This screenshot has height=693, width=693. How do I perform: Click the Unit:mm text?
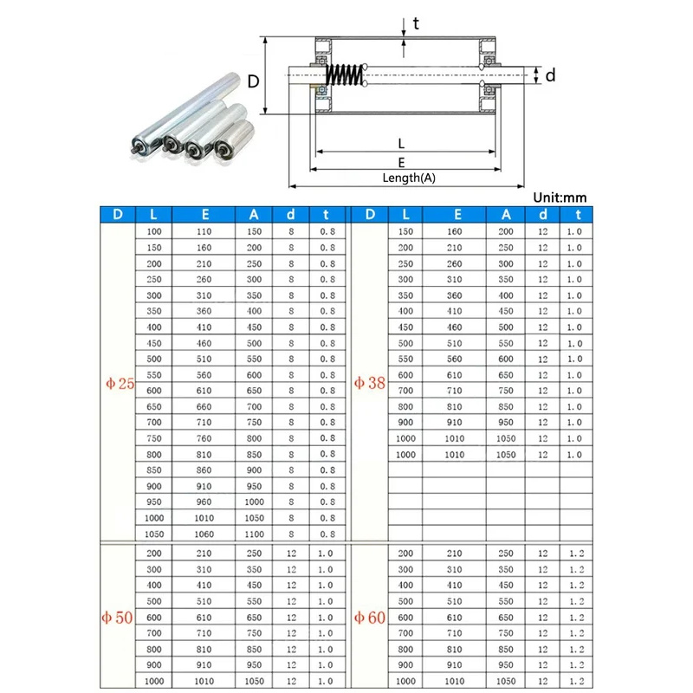[x=560, y=198]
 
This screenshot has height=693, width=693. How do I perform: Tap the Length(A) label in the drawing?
[x=409, y=178]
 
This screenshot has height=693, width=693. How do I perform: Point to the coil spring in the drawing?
[x=348, y=76]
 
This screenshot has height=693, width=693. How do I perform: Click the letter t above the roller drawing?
[x=416, y=23]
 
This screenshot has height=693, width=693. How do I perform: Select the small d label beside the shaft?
[x=550, y=76]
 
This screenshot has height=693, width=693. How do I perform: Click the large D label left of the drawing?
[x=253, y=82]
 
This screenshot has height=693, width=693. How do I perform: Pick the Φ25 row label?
[x=118, y=383]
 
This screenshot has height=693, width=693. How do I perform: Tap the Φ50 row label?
[x=118, y=617]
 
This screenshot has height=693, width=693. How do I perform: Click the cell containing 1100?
[x=255, y=534]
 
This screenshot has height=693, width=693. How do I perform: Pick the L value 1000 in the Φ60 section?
[x=405, y=681]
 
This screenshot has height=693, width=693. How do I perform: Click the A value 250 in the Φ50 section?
[x=255, y=553]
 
